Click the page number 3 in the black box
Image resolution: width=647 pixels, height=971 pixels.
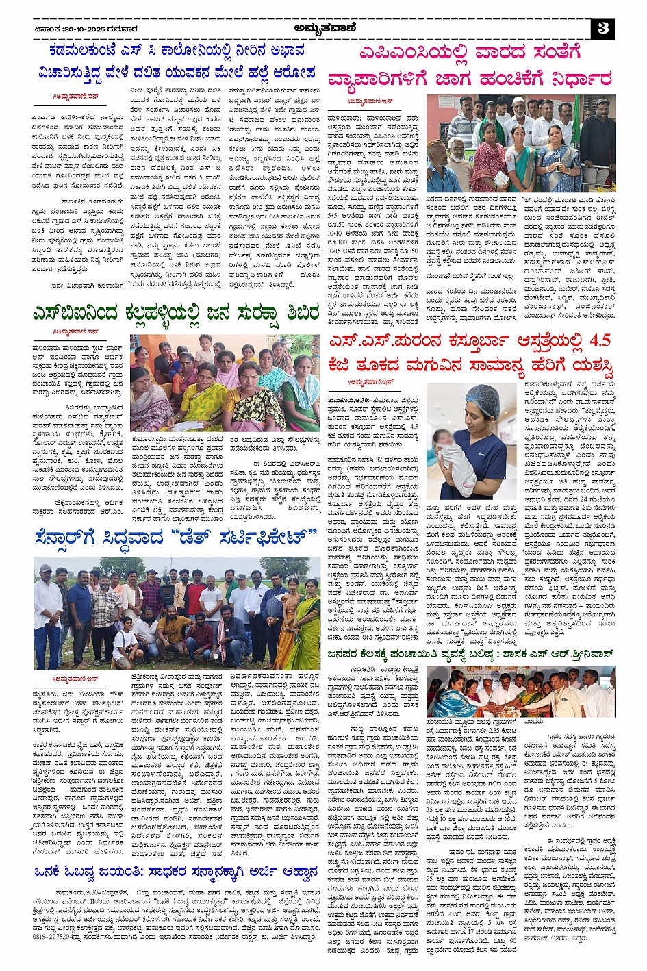coord(603,28)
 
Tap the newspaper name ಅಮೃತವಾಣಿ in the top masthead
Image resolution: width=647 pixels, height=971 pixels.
coord(322,28)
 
